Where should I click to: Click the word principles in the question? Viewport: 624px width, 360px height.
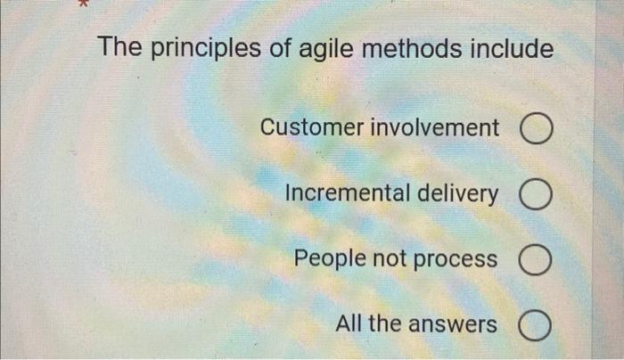click(200, 49)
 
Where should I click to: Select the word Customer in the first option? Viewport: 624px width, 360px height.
click(308, 128)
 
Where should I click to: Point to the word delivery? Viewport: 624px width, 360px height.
click(459, 193)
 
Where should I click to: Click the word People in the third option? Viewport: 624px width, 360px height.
click(327, 259)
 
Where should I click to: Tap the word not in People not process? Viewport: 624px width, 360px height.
click(392, 259)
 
